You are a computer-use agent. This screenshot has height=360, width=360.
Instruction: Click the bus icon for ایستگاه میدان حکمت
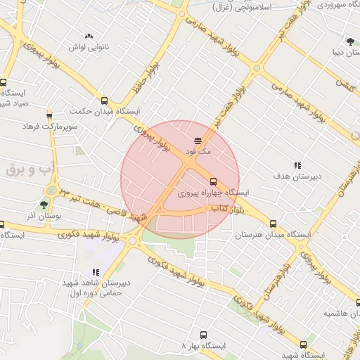[x=105, y=101]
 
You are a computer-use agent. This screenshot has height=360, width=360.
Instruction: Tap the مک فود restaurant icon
[x=198, y=141]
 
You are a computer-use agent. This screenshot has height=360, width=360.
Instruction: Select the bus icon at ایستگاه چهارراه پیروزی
[x=214, y=181]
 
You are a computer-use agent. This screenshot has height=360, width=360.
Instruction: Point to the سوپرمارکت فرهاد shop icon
[x=49, y=116]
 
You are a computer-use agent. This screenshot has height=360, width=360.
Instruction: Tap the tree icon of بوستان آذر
[x=44, y=205]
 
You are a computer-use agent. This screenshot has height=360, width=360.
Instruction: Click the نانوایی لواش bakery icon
[x=89, y=36]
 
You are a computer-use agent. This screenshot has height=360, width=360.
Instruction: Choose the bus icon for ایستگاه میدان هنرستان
[x=273, y=224]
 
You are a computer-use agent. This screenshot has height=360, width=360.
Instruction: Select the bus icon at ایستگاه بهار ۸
[x=203, y=335]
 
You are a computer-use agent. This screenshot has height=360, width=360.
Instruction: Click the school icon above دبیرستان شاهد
[x=96, y=273]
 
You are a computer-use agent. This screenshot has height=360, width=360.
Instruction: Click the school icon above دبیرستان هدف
[x=297, y=165]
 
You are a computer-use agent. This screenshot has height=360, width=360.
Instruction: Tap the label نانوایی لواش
[x=87, y=47]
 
